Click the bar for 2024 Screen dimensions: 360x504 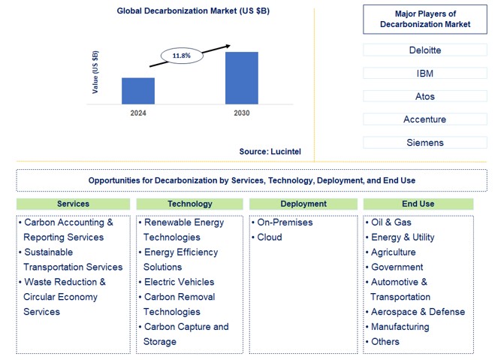pyautogui.click(x=138, y=91)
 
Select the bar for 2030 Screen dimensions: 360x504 pyautogui.click(x=242, y=78)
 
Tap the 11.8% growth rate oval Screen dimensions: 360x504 pyautogui.click(x=182, y=56)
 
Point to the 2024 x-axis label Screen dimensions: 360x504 pyautogui.click(x=138, y=113)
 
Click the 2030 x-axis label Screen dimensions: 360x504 pyautogui.click(x=242, y=113)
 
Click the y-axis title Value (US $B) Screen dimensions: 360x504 pyautogui.click(x=95, y=72)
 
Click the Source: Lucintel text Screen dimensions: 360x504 pyautogui.click(x=270, y=152)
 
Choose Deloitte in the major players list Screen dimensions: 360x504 pyautogui.click(x=424, y=50)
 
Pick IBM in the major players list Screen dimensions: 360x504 pyautogui.click(x=424, y=74)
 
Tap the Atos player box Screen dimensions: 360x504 pyautogui.click(x=424, y=96)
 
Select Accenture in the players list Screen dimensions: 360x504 pyautogui.click(x=424, y=119)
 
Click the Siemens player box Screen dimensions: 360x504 pyautogui.click(x=424, y=143)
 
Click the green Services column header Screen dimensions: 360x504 pyautogui.click(x=73, y=204)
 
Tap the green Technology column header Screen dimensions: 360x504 pyautogui.click(x=189, y=204)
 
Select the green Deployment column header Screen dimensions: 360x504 pyautogui.click(x=303, y=204)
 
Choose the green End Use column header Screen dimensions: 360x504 pyautogui.click(x=418, y=204)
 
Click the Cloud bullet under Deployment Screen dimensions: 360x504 pyautogui.click(x=270, y=237)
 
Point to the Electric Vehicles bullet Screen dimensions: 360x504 pyautogui.click(x=179, y=283)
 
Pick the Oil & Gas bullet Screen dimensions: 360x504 pyautogui.click(x=391, y=222)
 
